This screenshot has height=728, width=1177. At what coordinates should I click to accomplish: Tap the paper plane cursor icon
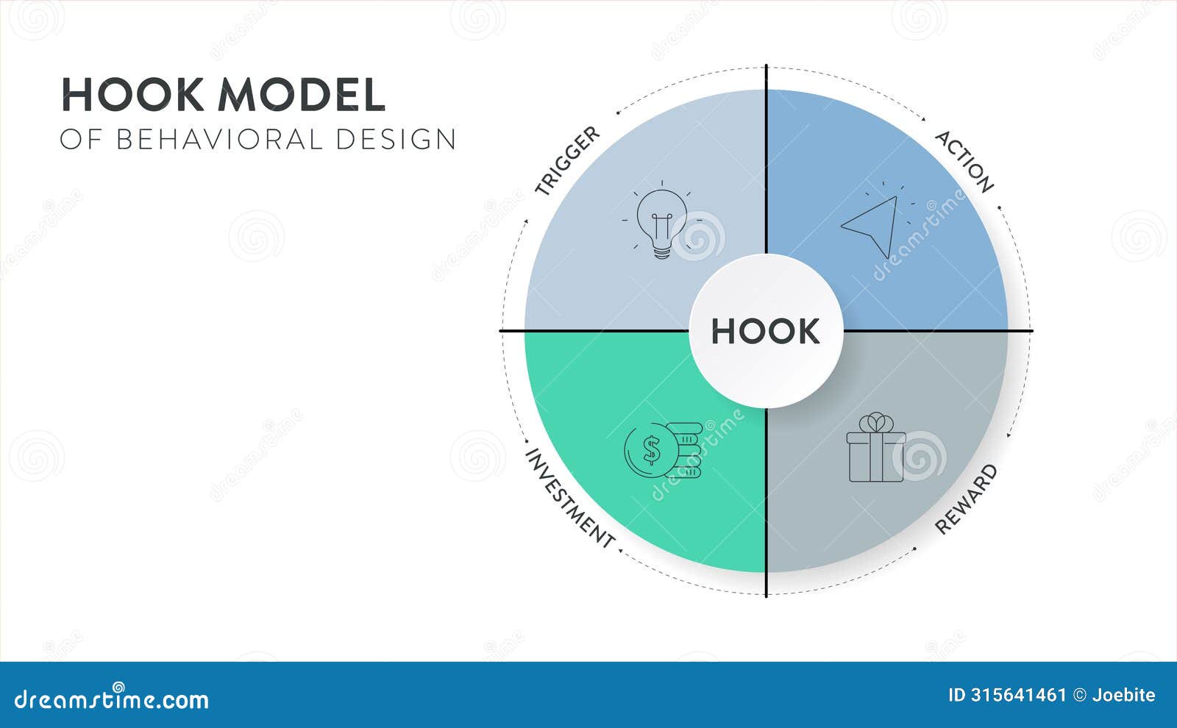pyautogui.click(x=873, y=224)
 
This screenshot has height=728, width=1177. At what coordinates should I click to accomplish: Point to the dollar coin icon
pyautogui.click(x=651, y=450)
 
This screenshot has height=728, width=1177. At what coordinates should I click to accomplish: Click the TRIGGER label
pyautogui.click(x=567, y=160)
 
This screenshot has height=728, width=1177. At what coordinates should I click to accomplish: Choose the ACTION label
pyautogui.click(x=964, y=161)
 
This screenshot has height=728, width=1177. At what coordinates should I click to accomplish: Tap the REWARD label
pyautogui.click(x=966, y=499)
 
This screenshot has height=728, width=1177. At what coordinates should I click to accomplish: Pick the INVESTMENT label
pyautogui.click(x=570, y=498)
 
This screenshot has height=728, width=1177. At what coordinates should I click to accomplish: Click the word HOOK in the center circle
pyautogui.click(x=765, y=332)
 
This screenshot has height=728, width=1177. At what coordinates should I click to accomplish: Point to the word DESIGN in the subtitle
pyautogui.click(x=397, y=139)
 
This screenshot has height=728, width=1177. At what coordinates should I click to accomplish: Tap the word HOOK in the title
pyautogui.click(x=132, y=95)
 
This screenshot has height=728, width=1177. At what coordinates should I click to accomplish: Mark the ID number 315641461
pyautogui.click(x=1017, y=695)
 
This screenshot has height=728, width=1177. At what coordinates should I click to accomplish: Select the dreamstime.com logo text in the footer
pyautogui.click(x=112, y=699)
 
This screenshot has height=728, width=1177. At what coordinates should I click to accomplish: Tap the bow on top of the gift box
pyautogui.click(x=875, y=422)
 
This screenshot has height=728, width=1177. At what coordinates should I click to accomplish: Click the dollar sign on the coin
pyautogui.click(x=651, y=450)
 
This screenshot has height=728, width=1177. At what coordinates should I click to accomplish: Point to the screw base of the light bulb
pyautogui.click(x=662, y=251)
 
